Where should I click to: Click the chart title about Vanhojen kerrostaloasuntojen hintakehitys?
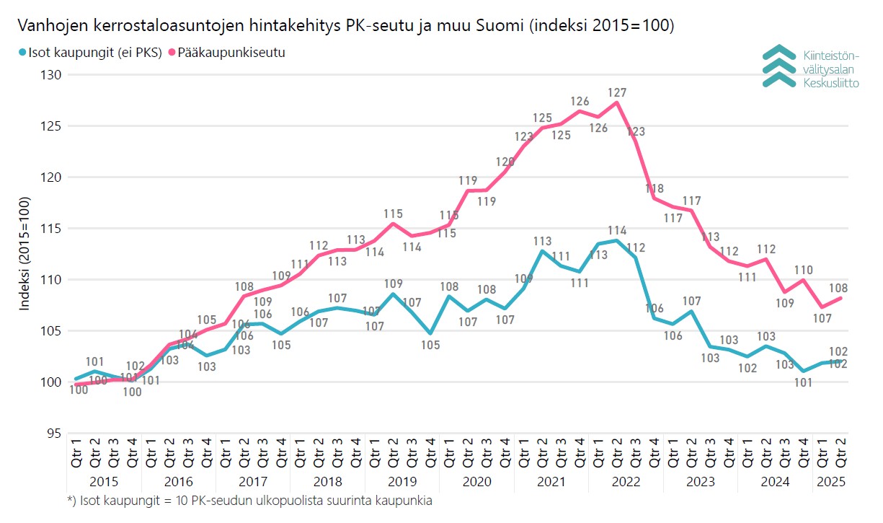pyautogui.click(x=345, y=27)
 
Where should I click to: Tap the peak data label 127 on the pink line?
pyautogui.click(x=617, y=92)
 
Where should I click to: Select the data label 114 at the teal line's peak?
pyautogui.click(x=617, y=231)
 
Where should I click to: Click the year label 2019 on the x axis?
pyautogui.click(x=402, y=481)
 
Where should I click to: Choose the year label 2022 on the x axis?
pyautogui.click(x=626, y=481)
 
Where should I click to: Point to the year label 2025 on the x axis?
pyautogui.click(x=829, y=481)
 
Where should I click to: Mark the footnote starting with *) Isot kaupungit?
pyautogui.click(x=249, y=501)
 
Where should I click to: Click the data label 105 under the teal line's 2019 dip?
pyautogui.click(x=430, y=345)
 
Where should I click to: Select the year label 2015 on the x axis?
pyautogui.click(x=105, y=481)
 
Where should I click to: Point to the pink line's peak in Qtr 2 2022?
pyautogui.click(x=616, y=102)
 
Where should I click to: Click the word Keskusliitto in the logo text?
pyautogui.click(x=830, y=83)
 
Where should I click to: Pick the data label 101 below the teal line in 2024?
pyautogui.click(x=803, y=383)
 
